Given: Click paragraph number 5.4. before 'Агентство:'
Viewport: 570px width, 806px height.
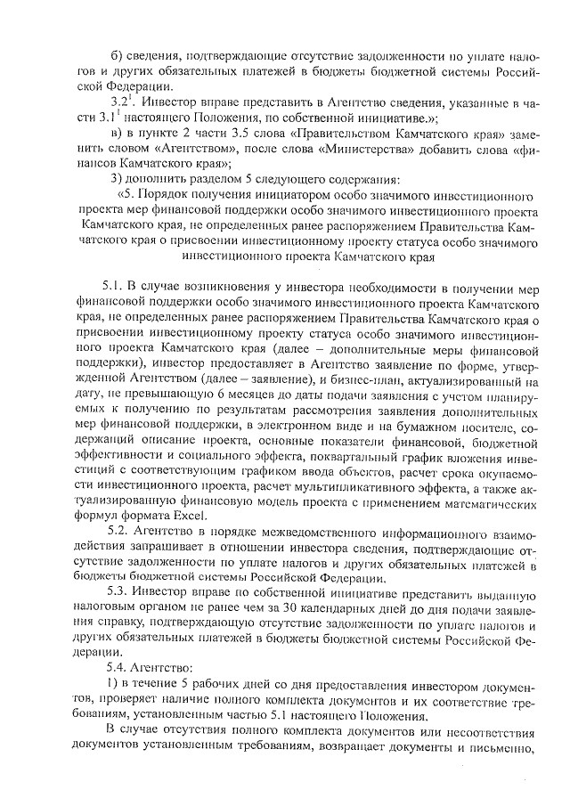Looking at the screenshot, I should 118,668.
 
